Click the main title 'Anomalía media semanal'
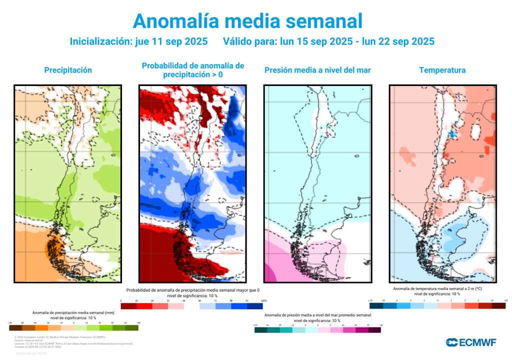pos(247,21)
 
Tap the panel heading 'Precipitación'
pos(68,70)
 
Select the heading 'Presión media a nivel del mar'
pos(317,70)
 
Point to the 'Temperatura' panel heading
pos(442,70)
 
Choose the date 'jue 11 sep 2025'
pos(171,41)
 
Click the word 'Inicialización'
pos(99,41)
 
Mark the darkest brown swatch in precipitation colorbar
pos(15,328)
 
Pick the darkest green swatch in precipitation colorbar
pos(132,328)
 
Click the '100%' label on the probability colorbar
pos(263,300)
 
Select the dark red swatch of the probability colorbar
pos(128,306)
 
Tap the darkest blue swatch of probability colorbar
pos(255,306)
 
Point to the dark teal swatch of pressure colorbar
pos(260,330)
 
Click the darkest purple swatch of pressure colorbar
pos(374,330)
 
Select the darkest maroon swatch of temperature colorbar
pos(499,305)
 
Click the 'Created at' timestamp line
pos(38,346)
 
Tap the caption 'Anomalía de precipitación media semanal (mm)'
pos(73,312)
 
